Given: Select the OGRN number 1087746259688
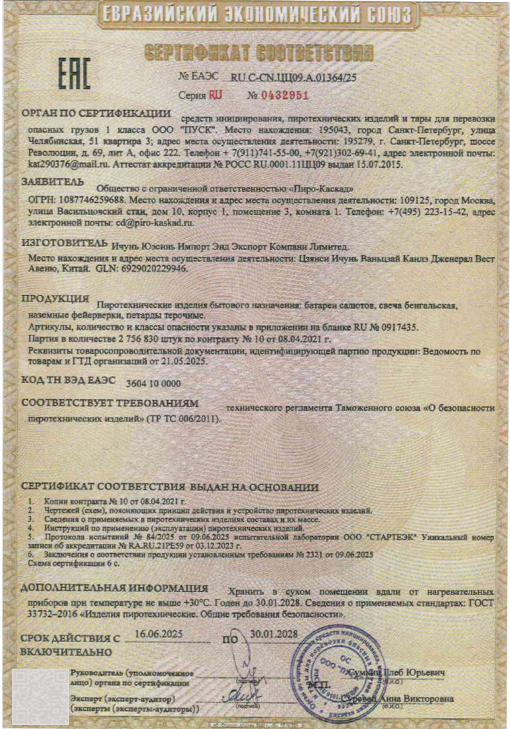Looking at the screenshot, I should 92,199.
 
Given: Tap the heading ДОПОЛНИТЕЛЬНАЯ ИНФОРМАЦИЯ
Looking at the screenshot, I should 114,589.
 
